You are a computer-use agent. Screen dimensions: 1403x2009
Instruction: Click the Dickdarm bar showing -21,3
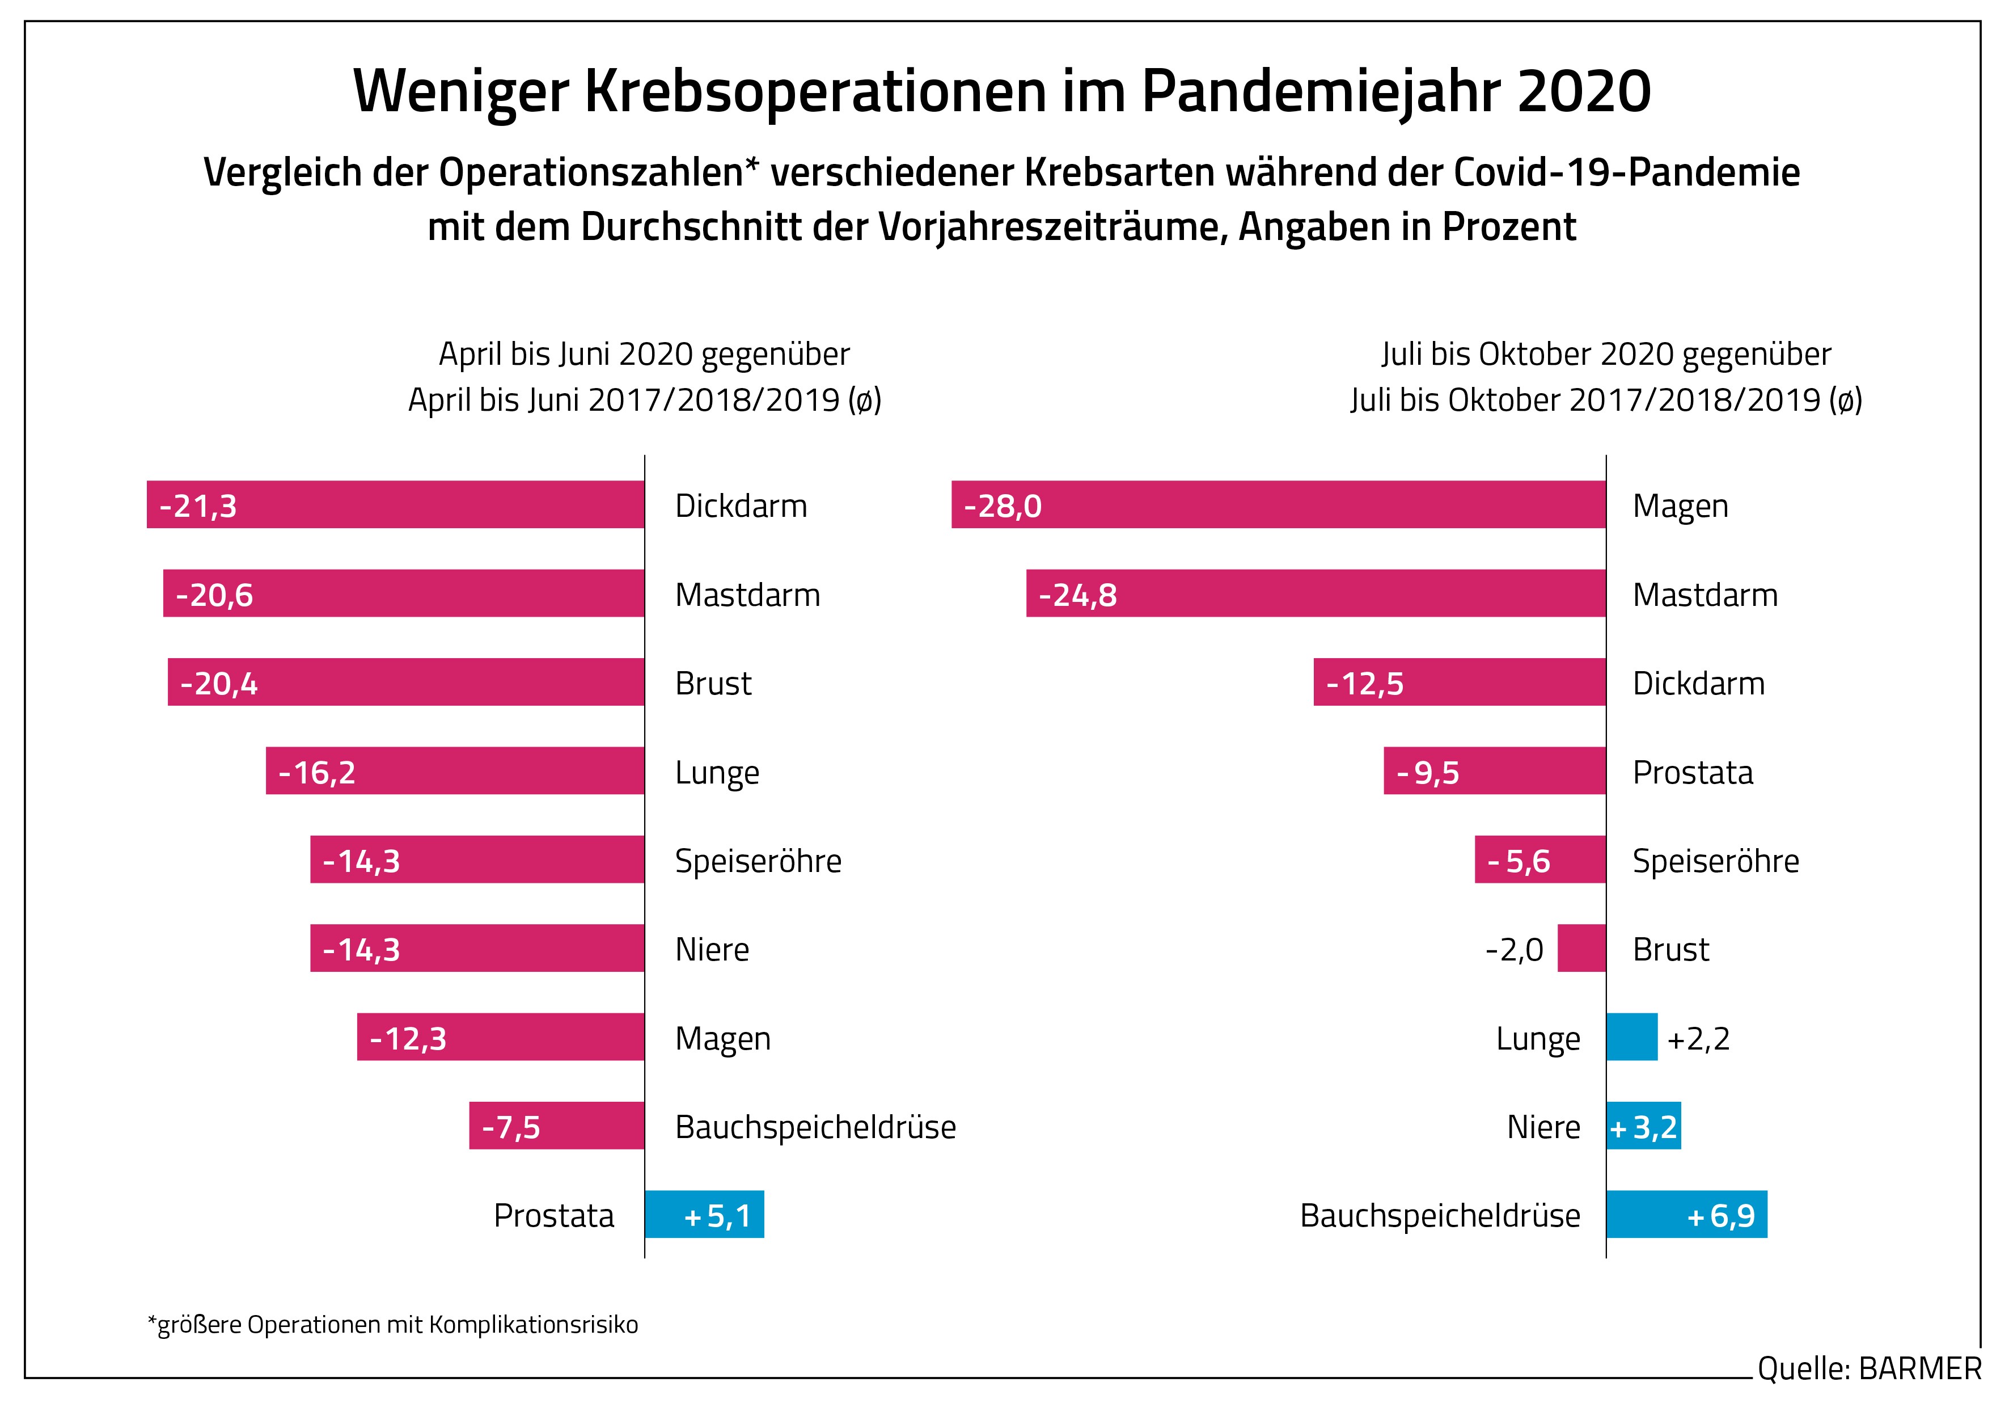coord(395,504)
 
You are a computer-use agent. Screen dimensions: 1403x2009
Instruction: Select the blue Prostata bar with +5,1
coord(704,1214)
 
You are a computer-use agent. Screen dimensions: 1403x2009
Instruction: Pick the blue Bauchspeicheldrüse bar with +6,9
coord(1686,1214)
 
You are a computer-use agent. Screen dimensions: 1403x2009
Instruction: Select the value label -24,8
coord(1077,595)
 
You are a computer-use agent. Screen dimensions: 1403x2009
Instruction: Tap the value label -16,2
coord(317,773)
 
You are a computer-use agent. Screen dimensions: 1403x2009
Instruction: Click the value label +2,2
coord(1698,1039)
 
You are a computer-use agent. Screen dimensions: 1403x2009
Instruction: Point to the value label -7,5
coord(511,1127)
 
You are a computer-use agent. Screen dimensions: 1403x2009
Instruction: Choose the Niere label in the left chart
coord(712,950)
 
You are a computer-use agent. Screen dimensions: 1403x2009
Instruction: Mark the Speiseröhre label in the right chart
coord(1716,861)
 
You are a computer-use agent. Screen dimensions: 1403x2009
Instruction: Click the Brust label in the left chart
coord(713,684)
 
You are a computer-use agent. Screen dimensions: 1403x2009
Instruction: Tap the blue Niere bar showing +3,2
coord(1643,1126)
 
